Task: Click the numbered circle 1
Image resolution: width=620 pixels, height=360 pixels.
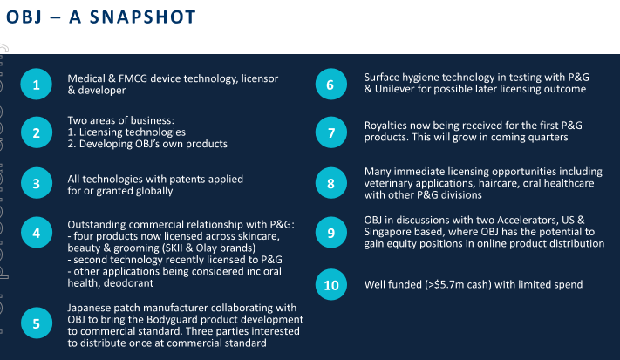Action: tap(36, 85)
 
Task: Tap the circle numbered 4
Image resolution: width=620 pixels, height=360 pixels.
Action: tap(37, 233)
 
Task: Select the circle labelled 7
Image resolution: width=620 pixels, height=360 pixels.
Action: tap(331, 132)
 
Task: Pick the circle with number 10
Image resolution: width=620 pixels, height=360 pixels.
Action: tap(331, 284)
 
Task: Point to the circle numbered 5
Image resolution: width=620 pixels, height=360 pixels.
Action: tap(37, 323)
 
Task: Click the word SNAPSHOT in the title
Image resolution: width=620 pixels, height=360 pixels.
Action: tap(143, 17)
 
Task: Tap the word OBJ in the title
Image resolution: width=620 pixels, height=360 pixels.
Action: tap(24, 17)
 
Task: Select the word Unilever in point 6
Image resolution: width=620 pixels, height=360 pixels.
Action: tap(395, 89)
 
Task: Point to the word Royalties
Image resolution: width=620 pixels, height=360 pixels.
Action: tap(385, 126)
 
